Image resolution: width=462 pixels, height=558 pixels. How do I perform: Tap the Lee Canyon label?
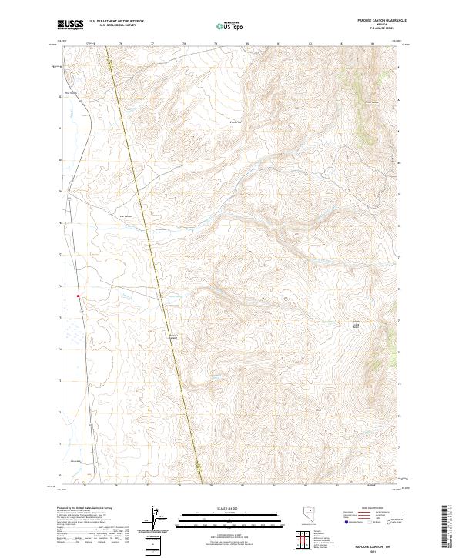pos(128,216)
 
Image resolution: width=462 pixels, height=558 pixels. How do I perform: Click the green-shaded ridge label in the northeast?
pos(370,100)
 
